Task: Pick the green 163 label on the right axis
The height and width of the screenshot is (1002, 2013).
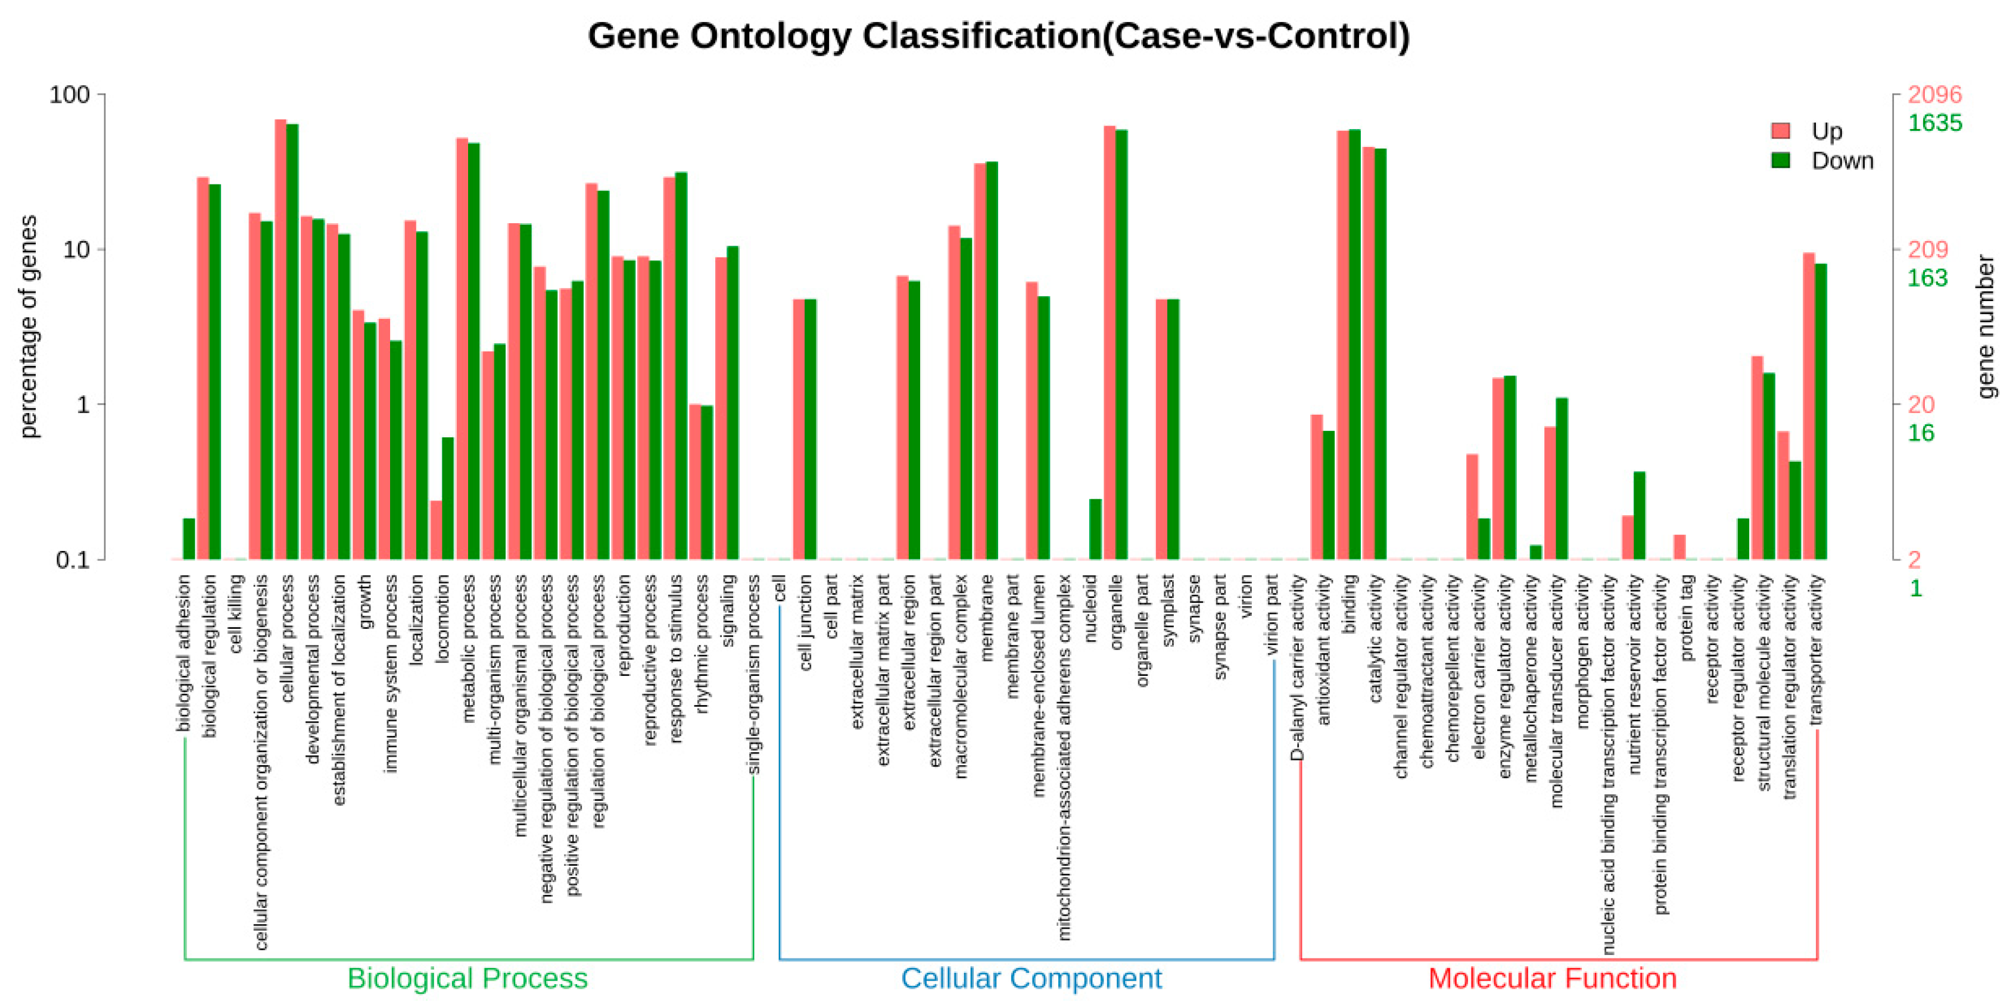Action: [1927, 278]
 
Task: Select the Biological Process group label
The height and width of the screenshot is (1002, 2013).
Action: [468, 978]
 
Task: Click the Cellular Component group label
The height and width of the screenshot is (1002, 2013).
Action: [1031, 978]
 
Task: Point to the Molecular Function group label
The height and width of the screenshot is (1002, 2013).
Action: [1552, 978]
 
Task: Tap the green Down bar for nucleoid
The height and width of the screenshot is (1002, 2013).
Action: [1095, 530]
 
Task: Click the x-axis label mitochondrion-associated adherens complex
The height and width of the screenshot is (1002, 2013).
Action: [1064, 757]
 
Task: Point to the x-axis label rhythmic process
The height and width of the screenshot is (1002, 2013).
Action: [702, 644]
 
